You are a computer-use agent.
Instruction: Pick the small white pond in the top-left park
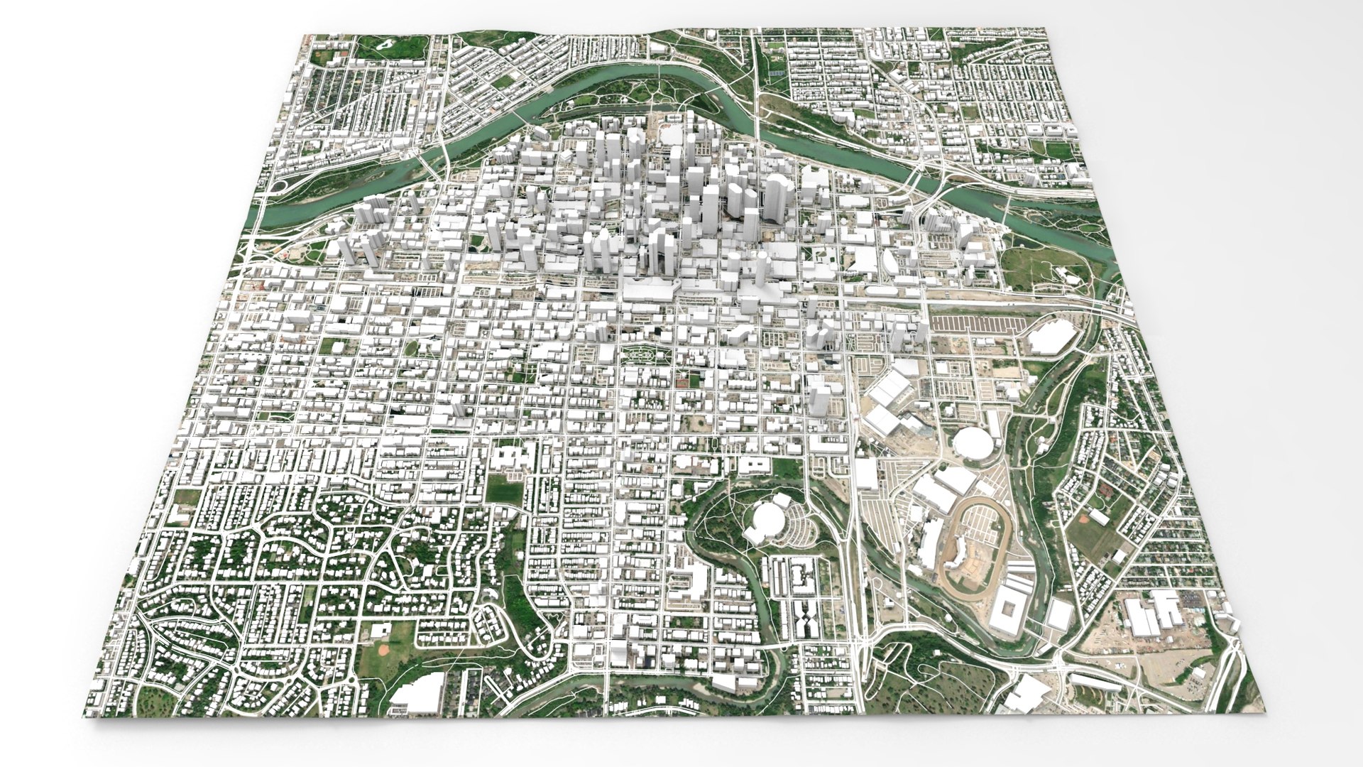[x=384, y=44]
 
